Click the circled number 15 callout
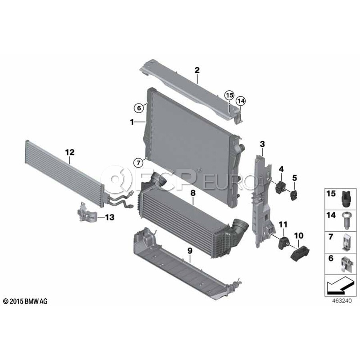pyautogui.click(x=230, y=95)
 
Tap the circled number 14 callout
pyautogui.click(x=241, y=101)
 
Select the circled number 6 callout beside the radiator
pyautogui.click(x=139, y=108)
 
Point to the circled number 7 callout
pyautogui.click(x=138, y=163)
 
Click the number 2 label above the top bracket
pyautogui.click(x=197, y=70)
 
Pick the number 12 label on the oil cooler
pyautogui.click(x=70, y=152)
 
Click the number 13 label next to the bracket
pyautogui.click(x=110, y=217)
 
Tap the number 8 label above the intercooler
pyautogui.click(x=193, y=193)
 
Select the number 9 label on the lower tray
pyautogui.click(x=190, y=251)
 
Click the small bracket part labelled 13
pyautogui.click(x=86, y=211)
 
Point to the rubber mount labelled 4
pyautogui.click(x=280, y=187)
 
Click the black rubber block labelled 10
pyautogui.click(x=300, y=254)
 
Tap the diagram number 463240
pyautogui.click(x=342, y=301)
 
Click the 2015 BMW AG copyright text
pyautogui.click(x=25, y=301)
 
